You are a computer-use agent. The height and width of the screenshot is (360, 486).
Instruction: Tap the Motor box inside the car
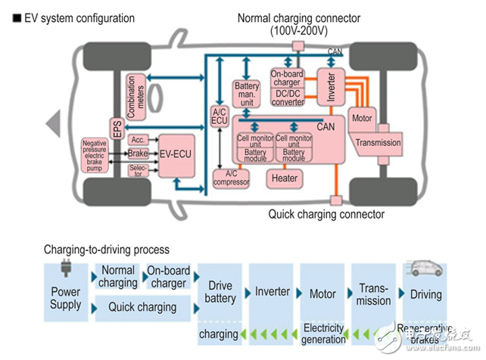(x=362, y=119)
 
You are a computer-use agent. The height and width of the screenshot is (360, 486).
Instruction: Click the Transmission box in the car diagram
(x=379, y=142)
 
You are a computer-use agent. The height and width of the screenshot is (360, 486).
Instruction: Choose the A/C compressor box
(x=231, y=178)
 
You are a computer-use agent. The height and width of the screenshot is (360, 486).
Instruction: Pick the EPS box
(x=117, y=129)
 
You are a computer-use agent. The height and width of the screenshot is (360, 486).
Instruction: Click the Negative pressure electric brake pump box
(x=94, y=158)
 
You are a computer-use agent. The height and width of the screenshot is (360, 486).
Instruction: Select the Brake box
(x=138, y=154)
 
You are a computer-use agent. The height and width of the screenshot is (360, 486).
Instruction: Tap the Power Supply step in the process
(x=66, y=298)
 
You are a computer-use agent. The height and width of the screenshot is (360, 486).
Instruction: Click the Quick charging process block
(x=142, y=307)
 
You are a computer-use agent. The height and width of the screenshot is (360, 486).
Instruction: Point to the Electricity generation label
(x=324, y=334)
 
